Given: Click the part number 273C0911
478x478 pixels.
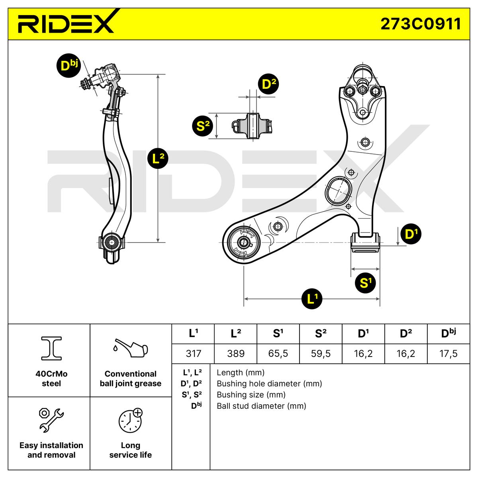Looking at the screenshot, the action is tap(421, 24).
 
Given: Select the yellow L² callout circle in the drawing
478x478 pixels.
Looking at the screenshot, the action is tap(159, 159).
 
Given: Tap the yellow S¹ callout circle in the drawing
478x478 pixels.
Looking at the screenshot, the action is tap(365, 283).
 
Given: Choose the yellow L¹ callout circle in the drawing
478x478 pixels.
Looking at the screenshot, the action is tap(312, 298).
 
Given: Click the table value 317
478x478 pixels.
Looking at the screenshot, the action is tap(193, 353).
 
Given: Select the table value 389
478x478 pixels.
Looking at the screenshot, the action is tap(236, 353).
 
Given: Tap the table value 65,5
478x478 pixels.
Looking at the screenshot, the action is tap(278, 353).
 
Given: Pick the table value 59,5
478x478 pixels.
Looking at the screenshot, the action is tap(321, 353).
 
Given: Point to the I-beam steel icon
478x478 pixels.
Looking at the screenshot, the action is tap(51, 349).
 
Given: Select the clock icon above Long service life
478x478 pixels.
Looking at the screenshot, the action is tap(130, 421).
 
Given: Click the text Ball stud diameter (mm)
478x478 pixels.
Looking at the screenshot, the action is tap(261, 406).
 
